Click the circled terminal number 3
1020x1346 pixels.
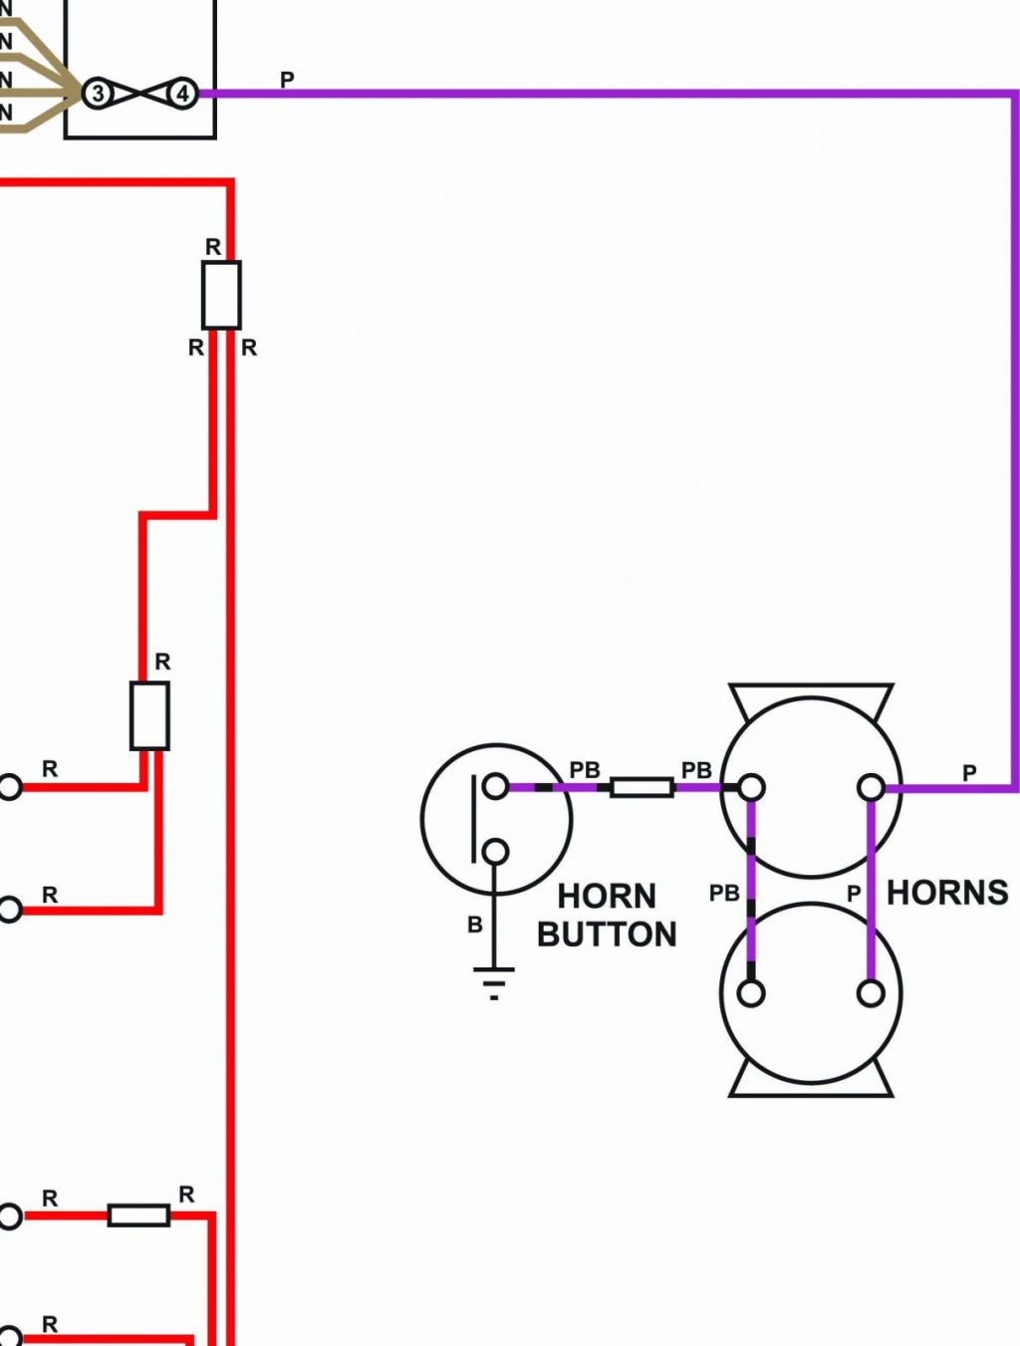pos(98,94)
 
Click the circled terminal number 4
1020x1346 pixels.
pos(182,94)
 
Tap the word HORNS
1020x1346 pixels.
pos(947,893)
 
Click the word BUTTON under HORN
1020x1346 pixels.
pos(607,935)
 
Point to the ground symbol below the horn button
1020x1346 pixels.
pos(494,983)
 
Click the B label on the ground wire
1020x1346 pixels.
pos(475,925)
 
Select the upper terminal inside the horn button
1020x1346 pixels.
pos(496,785)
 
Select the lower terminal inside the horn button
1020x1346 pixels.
pos(496,852)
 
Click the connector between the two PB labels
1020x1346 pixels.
pos(641,787)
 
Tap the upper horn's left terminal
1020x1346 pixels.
pos(751,787)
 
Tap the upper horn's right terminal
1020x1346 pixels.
pos(871,787)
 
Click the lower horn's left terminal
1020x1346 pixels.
pos(751,993)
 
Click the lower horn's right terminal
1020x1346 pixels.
pos(871,993)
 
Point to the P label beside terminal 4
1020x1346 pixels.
pos(287,79)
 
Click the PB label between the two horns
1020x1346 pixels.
pos(724,894)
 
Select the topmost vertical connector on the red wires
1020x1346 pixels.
pos(221,295)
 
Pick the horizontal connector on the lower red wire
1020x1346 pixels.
pos(139,1214)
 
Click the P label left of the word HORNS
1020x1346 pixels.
pos(854,894)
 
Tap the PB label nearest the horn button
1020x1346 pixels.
pos(585,770)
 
